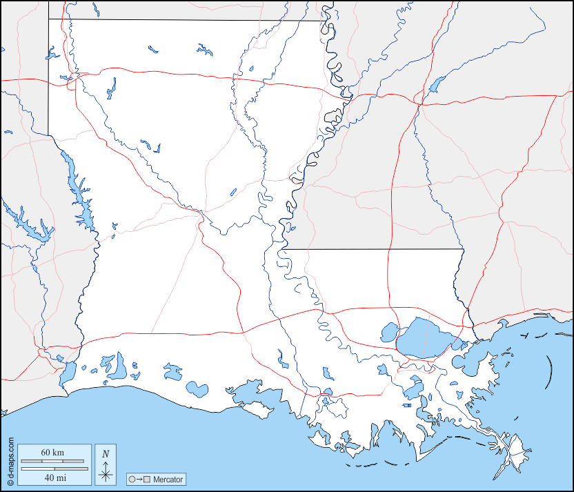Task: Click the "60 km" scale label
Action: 52,452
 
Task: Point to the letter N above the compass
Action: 105,453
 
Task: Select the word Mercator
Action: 168,479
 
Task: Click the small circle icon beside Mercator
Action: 131,479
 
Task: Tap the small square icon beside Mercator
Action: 146,479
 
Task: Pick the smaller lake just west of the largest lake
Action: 390,333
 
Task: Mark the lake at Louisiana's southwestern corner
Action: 68,373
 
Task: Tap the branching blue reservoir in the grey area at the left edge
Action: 28,224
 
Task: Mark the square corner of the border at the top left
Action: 48,19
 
